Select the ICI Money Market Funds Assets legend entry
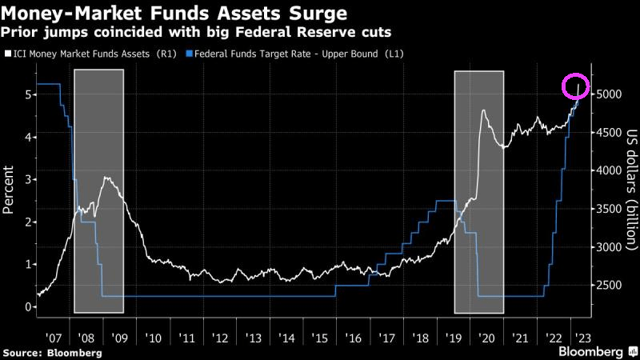[89, 54]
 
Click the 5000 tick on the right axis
[607, 94]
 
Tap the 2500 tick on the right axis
[607, 286]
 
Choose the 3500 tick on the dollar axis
[607, 209]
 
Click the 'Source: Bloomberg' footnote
[52, 352]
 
